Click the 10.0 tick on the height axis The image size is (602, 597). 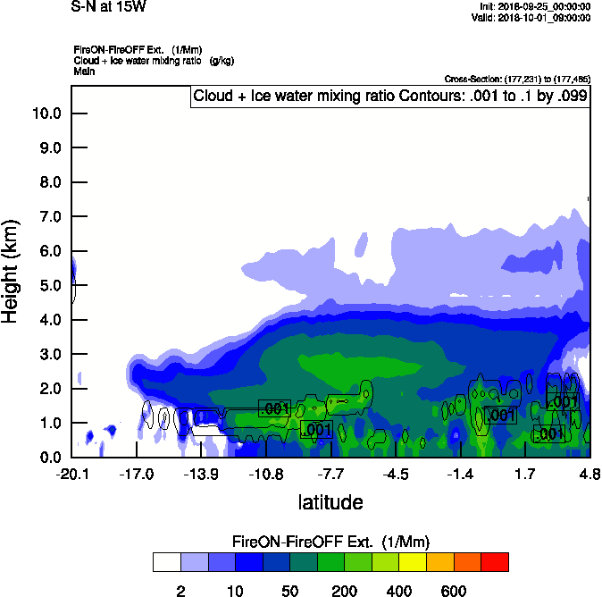coord(46,114)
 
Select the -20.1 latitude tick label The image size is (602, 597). coord(71,472)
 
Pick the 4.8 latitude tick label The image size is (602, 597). coord(589,472)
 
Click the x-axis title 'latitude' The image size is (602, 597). coord(330,501)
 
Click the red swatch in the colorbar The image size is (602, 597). coord(495,562)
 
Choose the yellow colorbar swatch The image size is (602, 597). coord(413,562)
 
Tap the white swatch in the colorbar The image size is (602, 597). coord(166,562)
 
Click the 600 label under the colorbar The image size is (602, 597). coord(454,591)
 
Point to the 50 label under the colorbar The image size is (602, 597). coord(289,591)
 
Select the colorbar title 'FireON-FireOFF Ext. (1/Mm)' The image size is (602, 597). coord(331,542)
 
